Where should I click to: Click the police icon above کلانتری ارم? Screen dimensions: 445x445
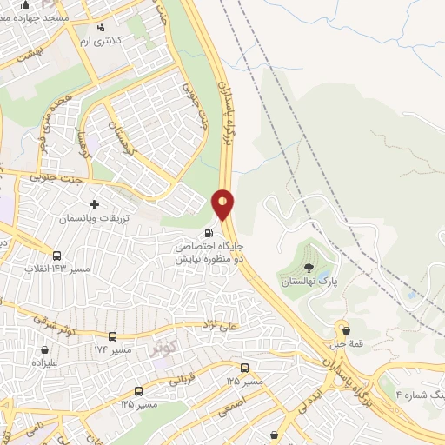[x=102, y=27]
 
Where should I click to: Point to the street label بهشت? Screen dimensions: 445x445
[x=22, y=55]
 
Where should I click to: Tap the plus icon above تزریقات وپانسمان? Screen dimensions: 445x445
[x=95, y=204]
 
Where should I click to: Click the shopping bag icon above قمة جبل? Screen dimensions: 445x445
[x=347, y=330]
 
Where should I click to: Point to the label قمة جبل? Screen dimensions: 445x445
[x=347, y=344]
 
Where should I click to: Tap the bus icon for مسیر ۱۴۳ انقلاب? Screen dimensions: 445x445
[x=56, y=256]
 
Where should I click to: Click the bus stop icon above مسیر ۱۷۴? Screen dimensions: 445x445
[x=112, y=336]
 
